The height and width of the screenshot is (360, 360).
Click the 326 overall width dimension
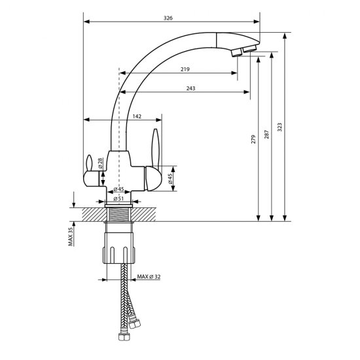[168, 18]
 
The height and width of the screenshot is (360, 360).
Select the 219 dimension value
[185, 69]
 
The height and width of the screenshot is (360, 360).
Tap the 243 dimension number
[190, 88]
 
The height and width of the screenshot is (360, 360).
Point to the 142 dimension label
[137, 117]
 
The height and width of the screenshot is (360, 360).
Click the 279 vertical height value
[253, 139]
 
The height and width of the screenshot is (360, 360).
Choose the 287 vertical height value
[266, 134]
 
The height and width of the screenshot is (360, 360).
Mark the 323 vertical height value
[279, 127]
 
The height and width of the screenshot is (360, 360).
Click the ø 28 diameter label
[100, 163]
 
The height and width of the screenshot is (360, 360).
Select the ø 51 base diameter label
[118, 198]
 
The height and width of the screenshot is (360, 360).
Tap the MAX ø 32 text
[149, 277]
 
